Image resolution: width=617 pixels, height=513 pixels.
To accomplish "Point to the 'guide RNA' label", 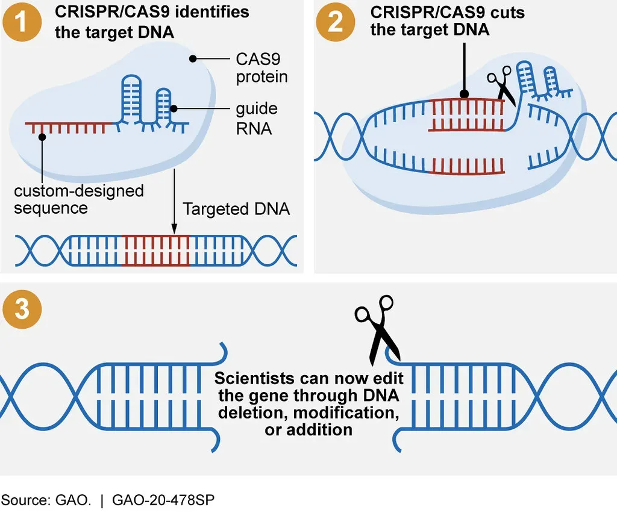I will tap(256, 119).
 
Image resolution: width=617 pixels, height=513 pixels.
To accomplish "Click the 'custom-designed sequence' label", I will tap(78, 199).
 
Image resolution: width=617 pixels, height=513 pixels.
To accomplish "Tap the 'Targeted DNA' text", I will tap(236, 210).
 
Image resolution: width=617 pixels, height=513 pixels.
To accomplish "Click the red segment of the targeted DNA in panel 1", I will tap(155, 250).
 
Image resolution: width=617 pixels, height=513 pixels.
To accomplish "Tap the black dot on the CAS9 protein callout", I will tap(193, 59).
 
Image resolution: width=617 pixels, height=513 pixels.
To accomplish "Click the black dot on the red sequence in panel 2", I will tap(464, 95).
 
